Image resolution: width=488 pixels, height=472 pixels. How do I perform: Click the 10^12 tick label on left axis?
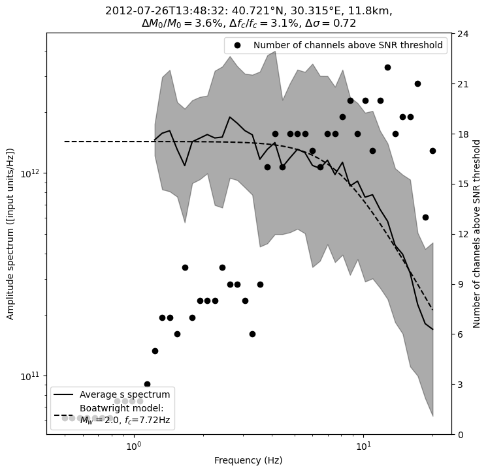(x=31, y=173)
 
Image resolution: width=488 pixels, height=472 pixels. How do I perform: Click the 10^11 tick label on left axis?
(x=31, y=376)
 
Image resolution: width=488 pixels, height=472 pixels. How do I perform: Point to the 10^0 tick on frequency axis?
(x=134, y=446)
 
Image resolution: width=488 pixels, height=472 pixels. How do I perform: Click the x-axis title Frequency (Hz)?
(x=248, y=461)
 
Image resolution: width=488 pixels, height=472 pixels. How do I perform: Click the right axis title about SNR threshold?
(x=477, y=233)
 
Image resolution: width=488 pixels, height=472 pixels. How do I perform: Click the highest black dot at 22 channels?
(x=387, y=67)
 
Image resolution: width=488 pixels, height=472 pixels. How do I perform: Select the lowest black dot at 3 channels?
(x=147, y=385)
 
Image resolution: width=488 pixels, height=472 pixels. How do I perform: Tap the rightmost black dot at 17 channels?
(x=432, y=151)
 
